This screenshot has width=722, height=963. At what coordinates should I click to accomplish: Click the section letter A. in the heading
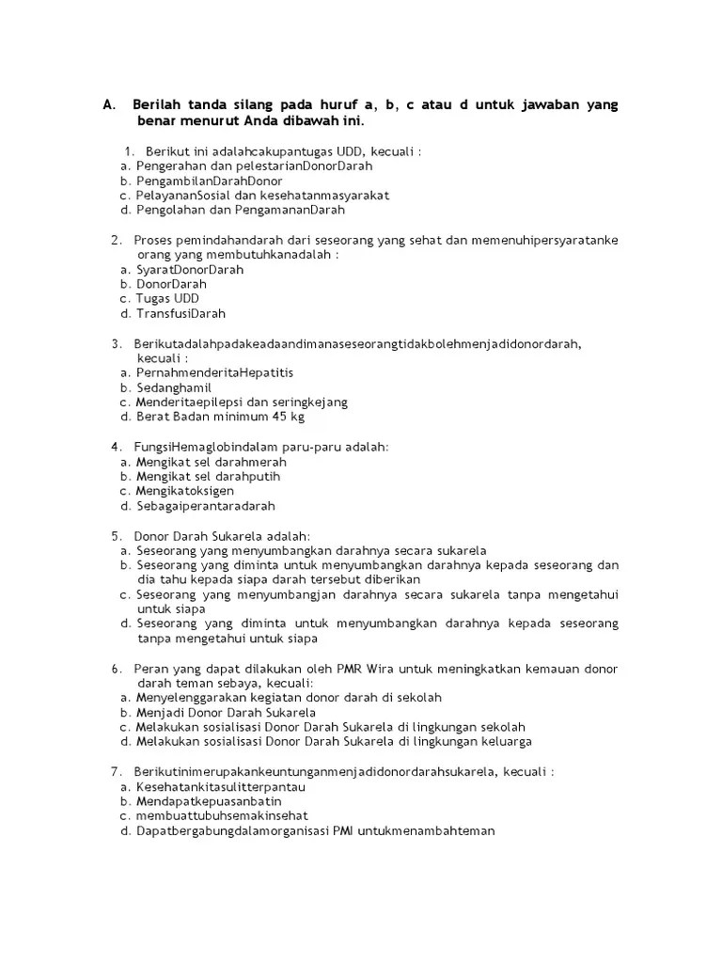(x=108, y=104)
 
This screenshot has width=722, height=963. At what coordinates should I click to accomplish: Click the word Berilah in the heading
(x=156, y=104)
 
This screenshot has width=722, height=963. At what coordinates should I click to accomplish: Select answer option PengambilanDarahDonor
(x=210, y=181)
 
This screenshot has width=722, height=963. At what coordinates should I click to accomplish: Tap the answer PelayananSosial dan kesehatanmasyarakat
(x=262, y=196)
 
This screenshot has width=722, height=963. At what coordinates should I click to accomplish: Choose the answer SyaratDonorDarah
(x=190, y=269)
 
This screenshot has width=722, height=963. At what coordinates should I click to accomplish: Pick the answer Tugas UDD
(x=167, y=298)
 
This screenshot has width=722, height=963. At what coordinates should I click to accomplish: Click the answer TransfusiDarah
(x=181, y=313)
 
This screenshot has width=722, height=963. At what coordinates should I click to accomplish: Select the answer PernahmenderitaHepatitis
(x=214, y=372)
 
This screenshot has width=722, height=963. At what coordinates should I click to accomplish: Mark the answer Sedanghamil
(x=174, y=387)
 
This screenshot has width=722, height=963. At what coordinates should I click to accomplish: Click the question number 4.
(x=116, y=447)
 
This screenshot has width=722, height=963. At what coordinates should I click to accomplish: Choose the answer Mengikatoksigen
(x=185, y=491)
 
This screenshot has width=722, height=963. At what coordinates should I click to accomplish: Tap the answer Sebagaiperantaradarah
(x=206, y=506)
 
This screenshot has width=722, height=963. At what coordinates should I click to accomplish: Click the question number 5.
(x=116, y=536)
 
